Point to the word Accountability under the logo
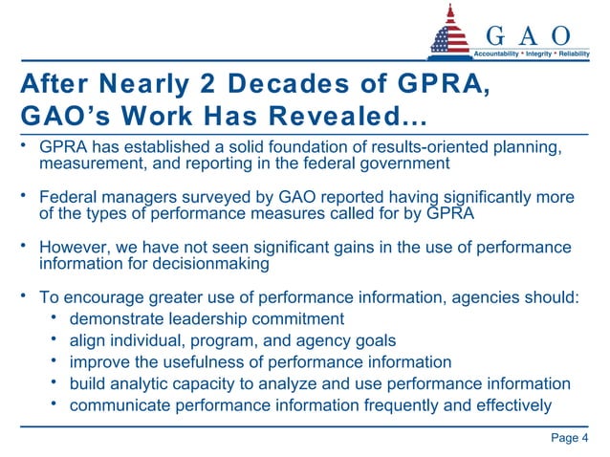[498, 54]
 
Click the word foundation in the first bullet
[279, 147]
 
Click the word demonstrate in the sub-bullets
[119, 319]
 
